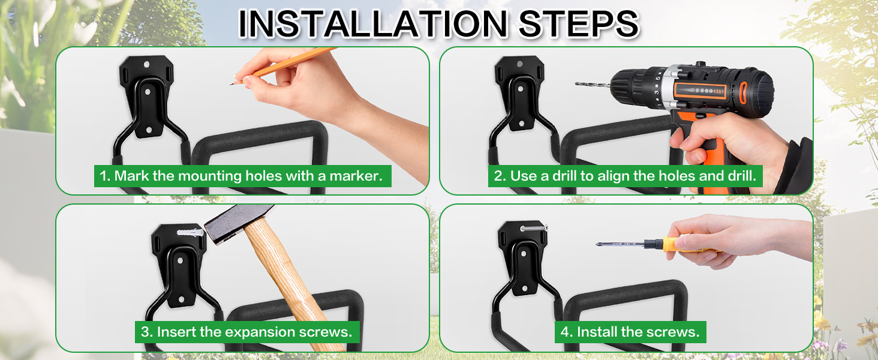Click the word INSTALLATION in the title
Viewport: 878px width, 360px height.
373,23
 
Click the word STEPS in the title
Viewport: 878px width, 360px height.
579,23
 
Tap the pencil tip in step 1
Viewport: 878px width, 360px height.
231,84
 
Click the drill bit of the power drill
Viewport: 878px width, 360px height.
593,85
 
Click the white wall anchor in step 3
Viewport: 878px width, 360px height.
191,232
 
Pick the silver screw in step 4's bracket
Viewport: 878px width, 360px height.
534,228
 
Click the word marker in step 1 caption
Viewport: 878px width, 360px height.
356,176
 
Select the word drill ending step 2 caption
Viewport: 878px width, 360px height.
742,176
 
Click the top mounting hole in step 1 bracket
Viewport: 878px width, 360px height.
146,64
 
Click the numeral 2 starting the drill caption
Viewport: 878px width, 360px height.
497,176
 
